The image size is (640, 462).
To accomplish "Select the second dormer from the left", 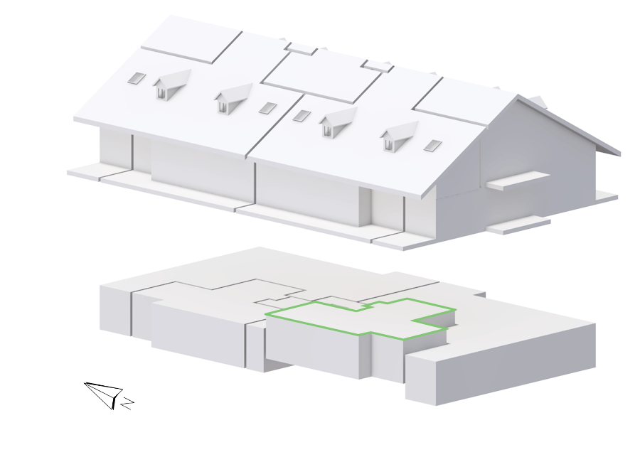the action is pyautogui.click(x=232, y=97).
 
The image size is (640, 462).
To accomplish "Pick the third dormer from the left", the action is pyautogui.click(x=337, y=122).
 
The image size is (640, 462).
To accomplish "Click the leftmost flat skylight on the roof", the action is pyautogui.click(x=137, y=78).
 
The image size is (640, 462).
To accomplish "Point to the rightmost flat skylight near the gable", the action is pyautogui.click(x=432, y=145).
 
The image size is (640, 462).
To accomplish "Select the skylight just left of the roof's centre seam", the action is pyautogui.click(x=268, y=108).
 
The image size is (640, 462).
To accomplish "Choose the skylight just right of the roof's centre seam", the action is pyautogui.click(x=302, y=115).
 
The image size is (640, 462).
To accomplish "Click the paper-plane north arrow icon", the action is pyautogui.click(x=104, y=394).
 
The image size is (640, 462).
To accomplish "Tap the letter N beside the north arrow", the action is pyautogui.click(x=128, y=403).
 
